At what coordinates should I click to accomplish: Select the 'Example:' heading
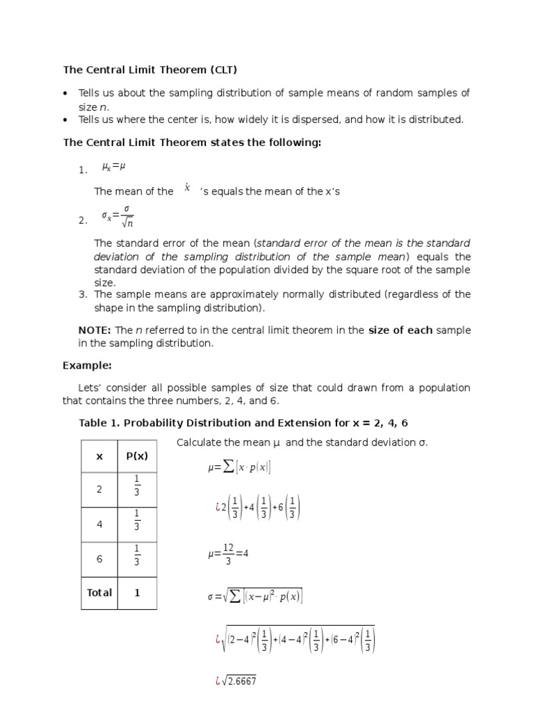coord(87,365)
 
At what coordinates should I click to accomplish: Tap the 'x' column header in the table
coord(99,456)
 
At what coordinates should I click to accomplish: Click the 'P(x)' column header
coord(137,456)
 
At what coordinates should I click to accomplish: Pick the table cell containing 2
coord(99,489)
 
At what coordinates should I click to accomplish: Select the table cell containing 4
coord(99,524)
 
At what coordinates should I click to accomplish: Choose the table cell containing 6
coord(99,559)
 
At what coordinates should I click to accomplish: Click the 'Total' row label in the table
coord(99,592)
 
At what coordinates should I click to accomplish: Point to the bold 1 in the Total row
coord(137,592)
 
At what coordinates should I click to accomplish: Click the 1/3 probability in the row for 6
coord(137,559)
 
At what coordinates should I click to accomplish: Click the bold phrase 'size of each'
coord(400,330)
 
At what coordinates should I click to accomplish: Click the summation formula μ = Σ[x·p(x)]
coord(239,467)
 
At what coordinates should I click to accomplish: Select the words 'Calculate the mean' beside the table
coord(221,443)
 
